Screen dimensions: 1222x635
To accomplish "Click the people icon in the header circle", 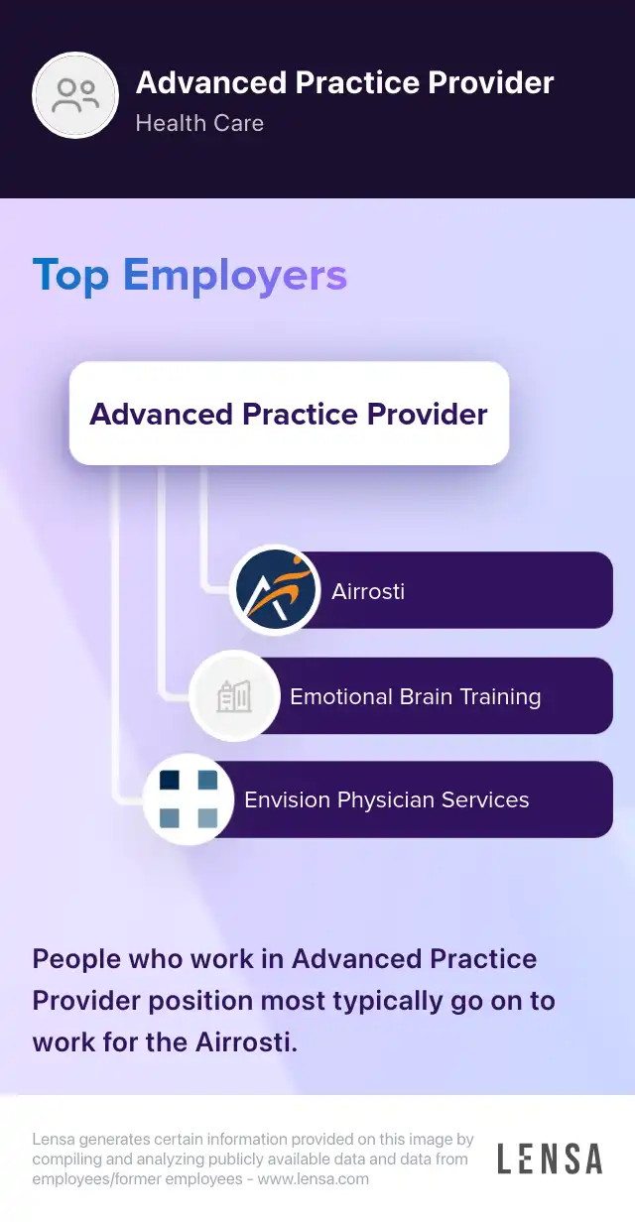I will pos(76,95).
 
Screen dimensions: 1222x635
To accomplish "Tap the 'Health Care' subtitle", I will pos(199,124).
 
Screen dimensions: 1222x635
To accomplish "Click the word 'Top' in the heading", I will pos(71,275).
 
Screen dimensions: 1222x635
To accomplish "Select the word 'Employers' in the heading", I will pos(235,275).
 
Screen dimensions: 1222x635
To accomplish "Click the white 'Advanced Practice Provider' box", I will pos(289,414).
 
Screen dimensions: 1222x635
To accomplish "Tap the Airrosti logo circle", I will pos(275,590).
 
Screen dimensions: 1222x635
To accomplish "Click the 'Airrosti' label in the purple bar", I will pos(368,592).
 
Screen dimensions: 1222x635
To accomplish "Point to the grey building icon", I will pos(234,697).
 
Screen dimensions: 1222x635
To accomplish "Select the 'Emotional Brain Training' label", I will pos(415,697).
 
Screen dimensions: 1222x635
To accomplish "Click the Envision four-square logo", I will pos(189,799).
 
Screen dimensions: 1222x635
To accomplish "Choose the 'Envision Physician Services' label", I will pos(387,800).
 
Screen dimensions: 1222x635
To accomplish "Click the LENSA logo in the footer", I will pos(550,1159).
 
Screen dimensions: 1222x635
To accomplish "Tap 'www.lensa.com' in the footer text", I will pos(313,1179).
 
